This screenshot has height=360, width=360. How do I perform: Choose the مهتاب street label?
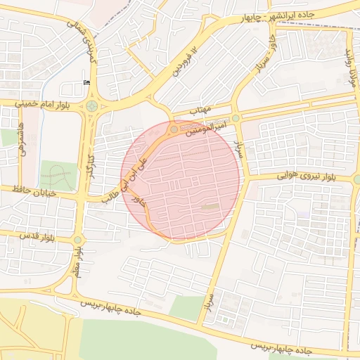pyautogui.click(x=202, y=110)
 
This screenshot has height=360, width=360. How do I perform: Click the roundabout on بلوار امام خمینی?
pyautogui.click(x=91, y=106)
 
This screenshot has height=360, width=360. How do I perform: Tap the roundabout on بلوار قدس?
pyautogui.click(x=77, y=240)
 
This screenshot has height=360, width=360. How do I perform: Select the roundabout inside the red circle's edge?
pyautogui.click(x=174, y=129)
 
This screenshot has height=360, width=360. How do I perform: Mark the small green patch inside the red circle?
pyautogui.click(x=210, y=207)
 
